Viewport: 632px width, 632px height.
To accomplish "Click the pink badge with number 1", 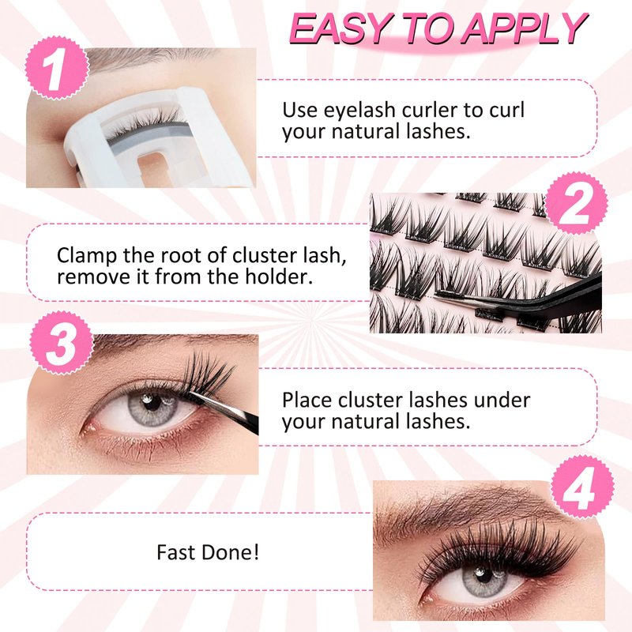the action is (57, 68).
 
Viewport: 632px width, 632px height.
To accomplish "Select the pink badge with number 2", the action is (577, 203).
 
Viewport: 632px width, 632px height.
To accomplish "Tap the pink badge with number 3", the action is (62, 344).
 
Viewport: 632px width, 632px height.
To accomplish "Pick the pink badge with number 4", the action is (582, 487).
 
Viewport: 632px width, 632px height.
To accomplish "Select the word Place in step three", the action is (307, 401).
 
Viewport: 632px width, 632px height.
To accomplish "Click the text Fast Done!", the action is (208, 552).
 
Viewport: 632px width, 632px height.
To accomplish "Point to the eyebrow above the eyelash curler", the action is (149, 58).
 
